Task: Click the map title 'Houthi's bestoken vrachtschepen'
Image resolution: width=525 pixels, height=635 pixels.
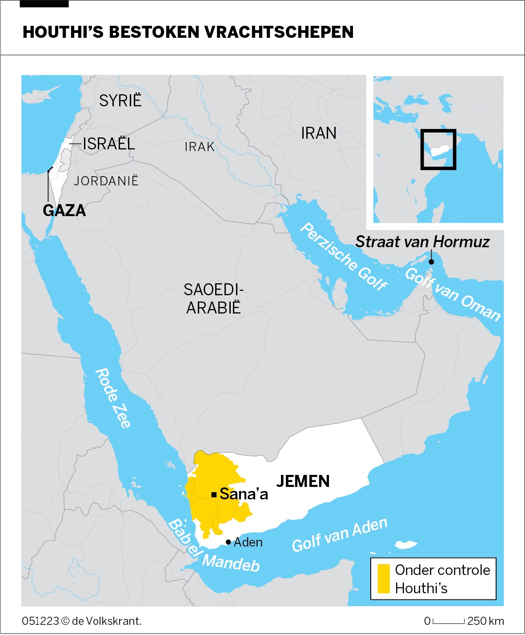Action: click(188, 32)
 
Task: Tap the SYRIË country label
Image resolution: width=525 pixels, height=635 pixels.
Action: click(120, 100)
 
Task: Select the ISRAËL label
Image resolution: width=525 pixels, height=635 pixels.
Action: click(108, 144)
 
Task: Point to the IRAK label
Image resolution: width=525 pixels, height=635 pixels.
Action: click(200, 147)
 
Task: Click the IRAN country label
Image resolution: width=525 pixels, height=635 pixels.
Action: click(318, 133)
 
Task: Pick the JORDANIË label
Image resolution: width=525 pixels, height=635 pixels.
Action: click(106, 181)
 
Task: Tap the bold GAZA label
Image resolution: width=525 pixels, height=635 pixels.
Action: click(64, 210)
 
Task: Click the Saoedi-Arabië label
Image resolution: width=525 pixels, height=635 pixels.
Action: click(213, 298)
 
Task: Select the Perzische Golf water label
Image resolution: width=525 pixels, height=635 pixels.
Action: click(344, 257)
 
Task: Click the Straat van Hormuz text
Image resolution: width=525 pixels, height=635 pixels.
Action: click(422, 241)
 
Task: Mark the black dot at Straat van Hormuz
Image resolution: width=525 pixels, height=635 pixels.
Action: click(431, 262)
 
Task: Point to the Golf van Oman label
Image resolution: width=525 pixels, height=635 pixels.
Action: click(453, 294)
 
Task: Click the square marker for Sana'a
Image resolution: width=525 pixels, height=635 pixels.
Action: click(214, 494)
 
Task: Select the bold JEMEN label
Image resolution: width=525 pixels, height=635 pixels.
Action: click(303, 481)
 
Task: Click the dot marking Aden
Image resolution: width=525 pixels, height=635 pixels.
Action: click(228, 542)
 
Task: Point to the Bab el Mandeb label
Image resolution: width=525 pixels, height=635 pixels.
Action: click(213, 546)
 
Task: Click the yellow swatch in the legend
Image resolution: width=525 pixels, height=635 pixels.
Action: click(383, 579)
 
